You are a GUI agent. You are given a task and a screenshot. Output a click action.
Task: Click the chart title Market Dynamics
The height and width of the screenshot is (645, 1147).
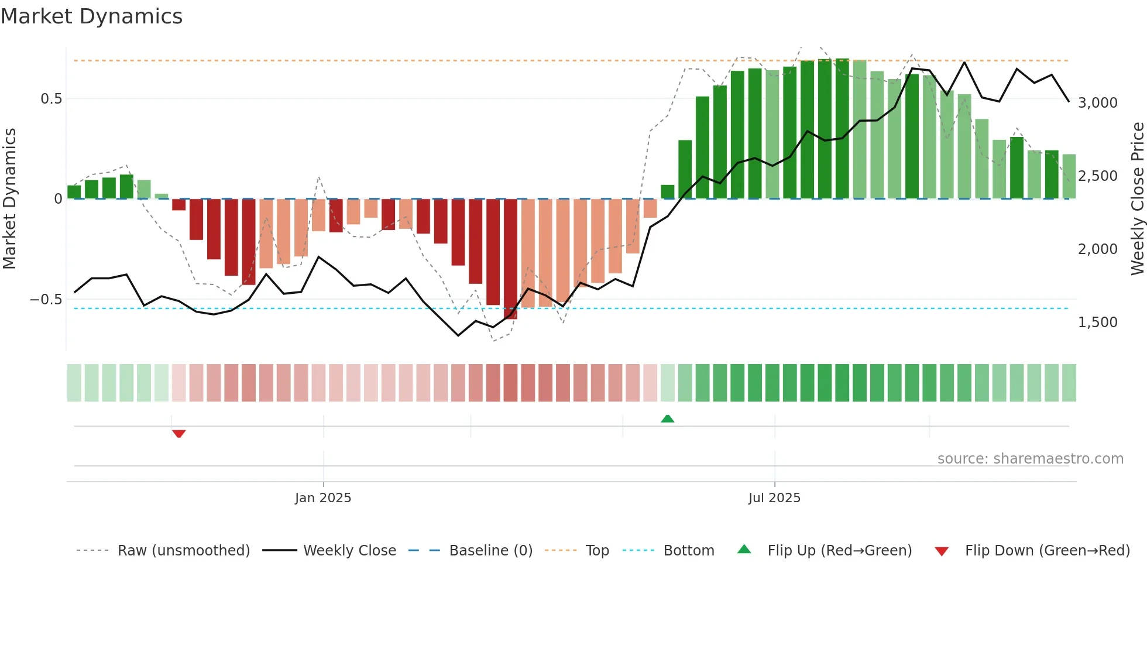91,16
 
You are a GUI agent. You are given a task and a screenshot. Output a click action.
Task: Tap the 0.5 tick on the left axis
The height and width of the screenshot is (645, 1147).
51,99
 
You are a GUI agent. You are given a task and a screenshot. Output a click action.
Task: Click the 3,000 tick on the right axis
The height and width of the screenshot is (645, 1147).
1097,103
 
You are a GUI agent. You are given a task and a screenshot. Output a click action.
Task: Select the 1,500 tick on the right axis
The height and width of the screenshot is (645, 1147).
1097,322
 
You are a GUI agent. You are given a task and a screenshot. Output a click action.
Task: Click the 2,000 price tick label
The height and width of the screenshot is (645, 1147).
1097,249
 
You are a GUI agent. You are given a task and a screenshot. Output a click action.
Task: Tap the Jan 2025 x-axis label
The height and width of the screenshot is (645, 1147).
323,498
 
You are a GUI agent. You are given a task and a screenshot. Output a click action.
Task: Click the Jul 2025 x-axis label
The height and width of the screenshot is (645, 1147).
774,498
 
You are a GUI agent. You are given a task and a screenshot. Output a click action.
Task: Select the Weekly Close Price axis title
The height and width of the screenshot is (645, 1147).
1137,199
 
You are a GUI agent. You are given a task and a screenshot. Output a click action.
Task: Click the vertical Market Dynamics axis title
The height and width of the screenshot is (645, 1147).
10,199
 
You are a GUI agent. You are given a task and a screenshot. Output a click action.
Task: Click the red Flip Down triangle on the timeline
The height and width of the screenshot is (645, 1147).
179,434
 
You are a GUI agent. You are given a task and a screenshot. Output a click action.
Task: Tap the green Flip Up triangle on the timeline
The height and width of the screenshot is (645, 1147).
668,418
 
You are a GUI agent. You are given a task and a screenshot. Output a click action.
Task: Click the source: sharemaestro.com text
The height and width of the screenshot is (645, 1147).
1030,459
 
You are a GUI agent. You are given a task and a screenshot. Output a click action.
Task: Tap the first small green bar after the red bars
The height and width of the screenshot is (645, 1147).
668,192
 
